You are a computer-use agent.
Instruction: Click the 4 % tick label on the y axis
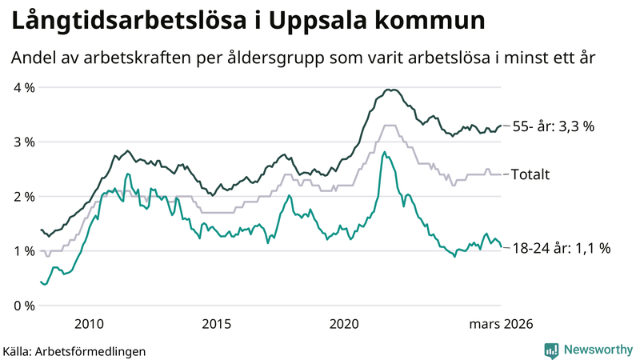[23, 87]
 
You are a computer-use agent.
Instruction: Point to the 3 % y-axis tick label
[23, 142]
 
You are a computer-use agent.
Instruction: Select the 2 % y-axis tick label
[23, 196]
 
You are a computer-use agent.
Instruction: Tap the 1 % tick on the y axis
[23, 250]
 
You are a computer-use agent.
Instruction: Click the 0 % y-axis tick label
[23, 305]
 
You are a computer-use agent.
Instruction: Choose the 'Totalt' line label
[531, 174]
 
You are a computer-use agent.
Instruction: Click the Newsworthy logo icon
[551, 350]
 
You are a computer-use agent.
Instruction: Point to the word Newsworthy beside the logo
[598, 350]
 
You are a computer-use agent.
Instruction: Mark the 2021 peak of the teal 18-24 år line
[384, 152]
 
